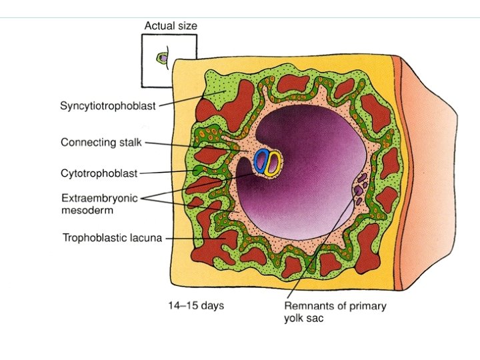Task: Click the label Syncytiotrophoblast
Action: coord(108,106)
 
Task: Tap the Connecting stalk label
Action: coord(102,142)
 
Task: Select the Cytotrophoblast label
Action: coord(99,173)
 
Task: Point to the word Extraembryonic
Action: coord(102,198)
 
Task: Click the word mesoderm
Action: coord(87,209)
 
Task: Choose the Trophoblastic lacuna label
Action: coord(112,237)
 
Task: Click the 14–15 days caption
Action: coord(195,306)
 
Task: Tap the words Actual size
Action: coord(171,26)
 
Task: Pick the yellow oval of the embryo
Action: coord(272,163)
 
